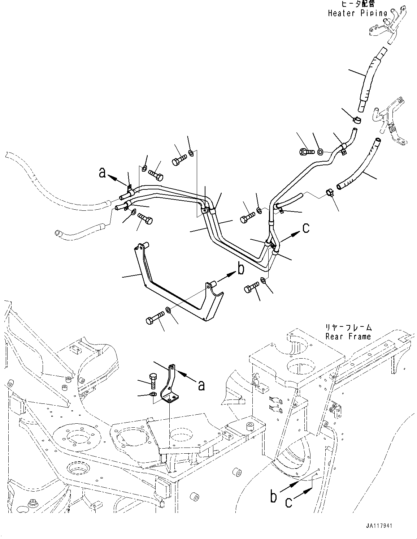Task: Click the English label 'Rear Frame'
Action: click(x=348, y=337)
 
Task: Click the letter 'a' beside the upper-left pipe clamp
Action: click(x=103, y=173)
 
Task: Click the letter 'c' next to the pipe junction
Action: click(x=306, y=228)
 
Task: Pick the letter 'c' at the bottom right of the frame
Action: click(x=289, y=502)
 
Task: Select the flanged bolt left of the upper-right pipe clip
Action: click(x=305, y=152)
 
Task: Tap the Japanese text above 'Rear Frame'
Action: click(x=348, y=328)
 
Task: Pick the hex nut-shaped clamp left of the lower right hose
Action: click(x=329, y=193)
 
